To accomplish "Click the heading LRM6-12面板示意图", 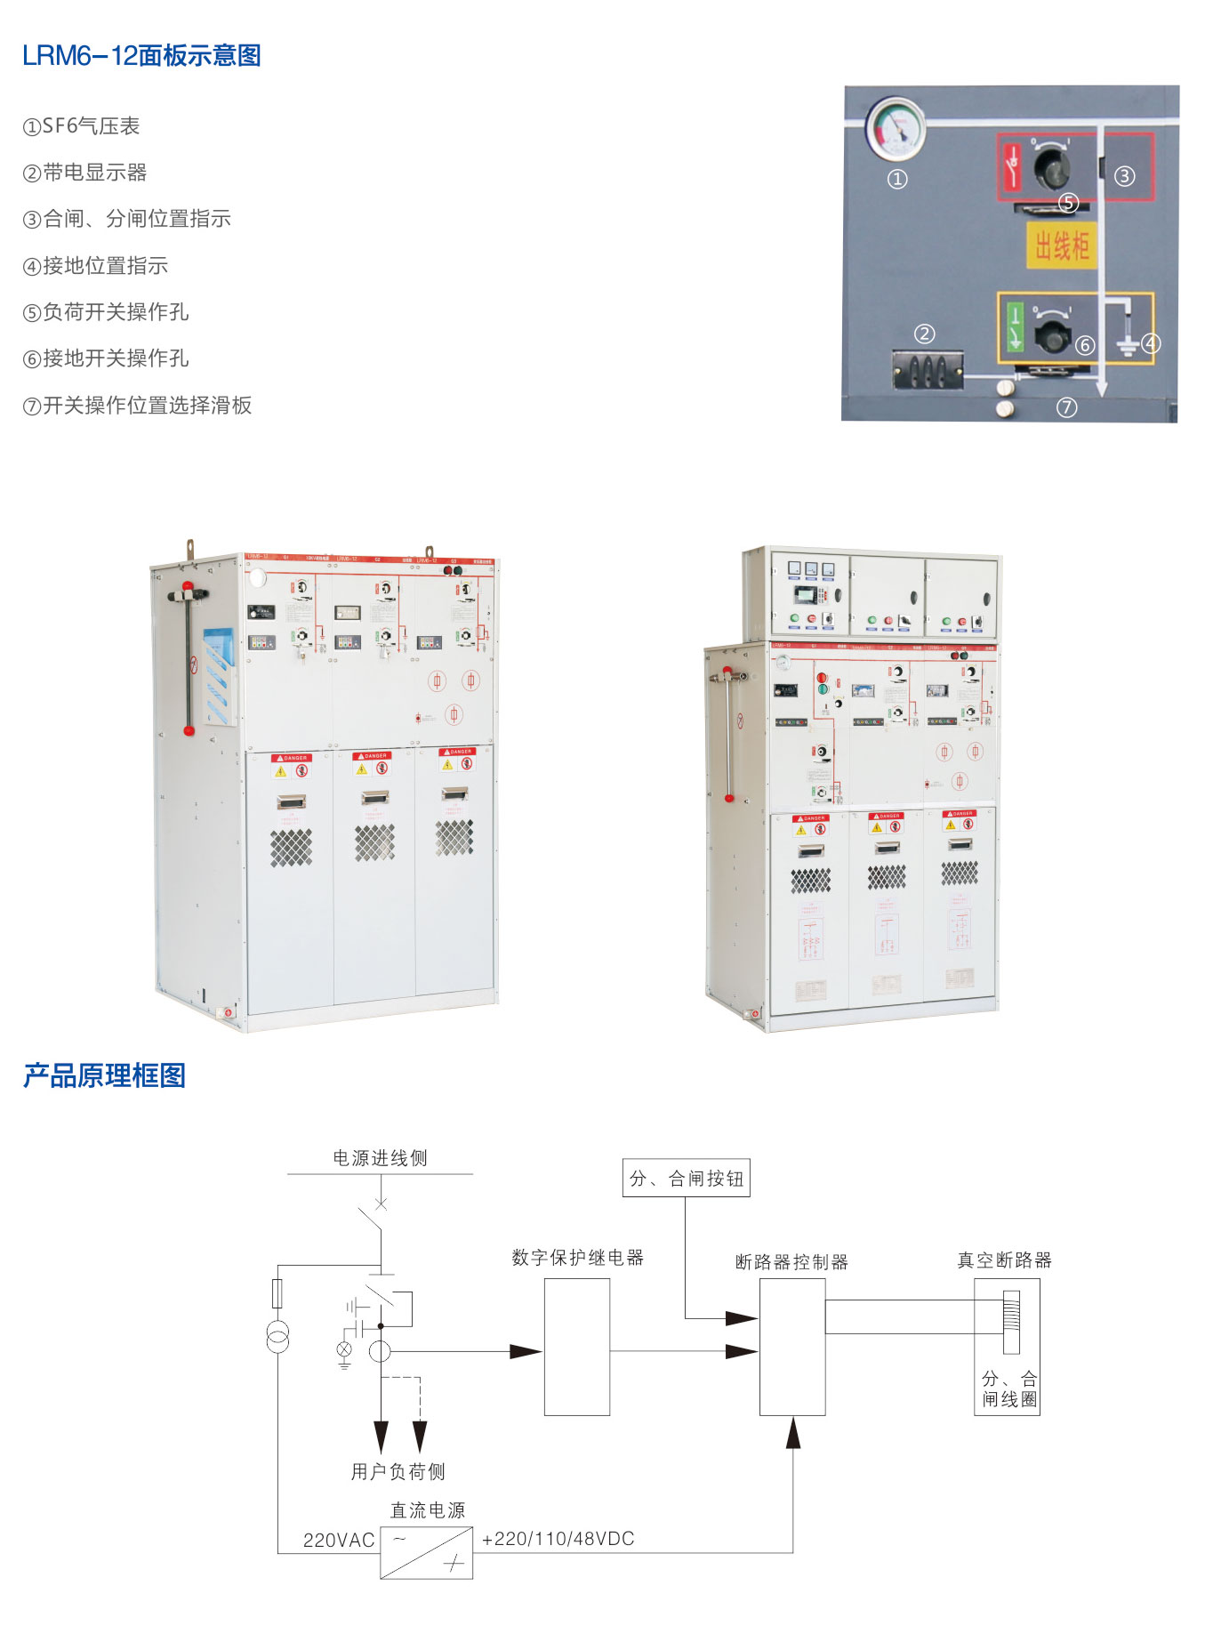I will [141, 56].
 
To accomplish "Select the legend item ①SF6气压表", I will [81, 126].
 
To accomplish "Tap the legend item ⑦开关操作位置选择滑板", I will [137, 406].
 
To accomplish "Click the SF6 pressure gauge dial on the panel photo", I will [896, 128].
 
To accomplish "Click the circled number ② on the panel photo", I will [925, 334].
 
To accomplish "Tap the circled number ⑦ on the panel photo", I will [1066, 407].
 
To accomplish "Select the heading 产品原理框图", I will [104, 1075].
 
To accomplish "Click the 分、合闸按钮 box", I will [686, 1178].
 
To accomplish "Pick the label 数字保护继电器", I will [577, 1257].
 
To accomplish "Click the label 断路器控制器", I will [791, 1261].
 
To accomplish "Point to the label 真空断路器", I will [1004, 1260].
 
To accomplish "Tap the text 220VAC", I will [339, 1540].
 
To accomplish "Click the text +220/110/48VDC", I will [558, 1538].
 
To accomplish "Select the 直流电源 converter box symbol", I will [426, 1553].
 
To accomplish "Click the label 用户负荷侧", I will [398, 1471].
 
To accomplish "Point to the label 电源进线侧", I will [380, 1157].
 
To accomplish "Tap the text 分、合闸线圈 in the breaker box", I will [1008, 1388].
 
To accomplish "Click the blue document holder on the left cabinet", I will [219, 673].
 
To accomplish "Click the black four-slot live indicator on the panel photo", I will [928, 369].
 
